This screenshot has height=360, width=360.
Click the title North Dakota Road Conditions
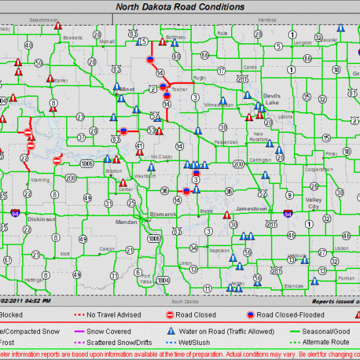[180, 7]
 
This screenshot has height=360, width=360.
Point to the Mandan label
[126, 222]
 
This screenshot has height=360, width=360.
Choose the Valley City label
[314, 203]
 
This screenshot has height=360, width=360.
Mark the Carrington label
[260, 159]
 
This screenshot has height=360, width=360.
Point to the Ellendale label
[294, 286]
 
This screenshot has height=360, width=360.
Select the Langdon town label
[303, 43]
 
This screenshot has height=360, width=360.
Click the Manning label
[40, 179]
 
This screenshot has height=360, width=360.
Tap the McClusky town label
[161, 156]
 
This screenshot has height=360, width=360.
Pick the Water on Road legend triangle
[171, 331]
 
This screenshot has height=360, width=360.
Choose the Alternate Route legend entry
[327, 341]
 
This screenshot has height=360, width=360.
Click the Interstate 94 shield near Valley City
[288, 213]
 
